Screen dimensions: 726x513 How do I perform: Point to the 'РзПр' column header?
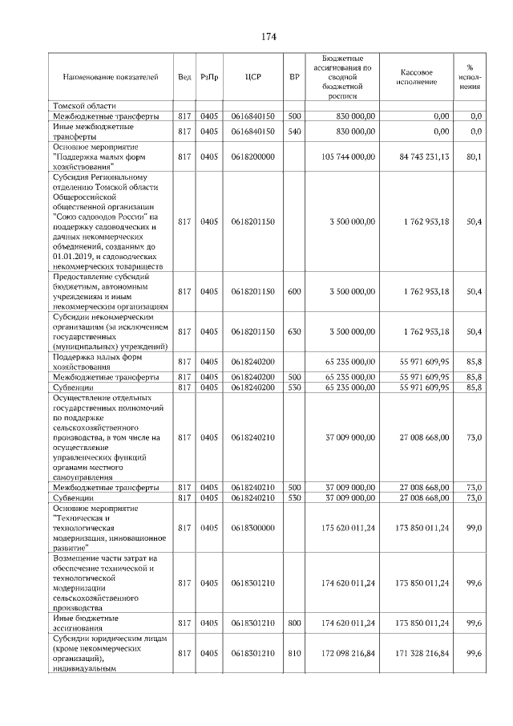209,77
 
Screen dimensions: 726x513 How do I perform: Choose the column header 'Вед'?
184,77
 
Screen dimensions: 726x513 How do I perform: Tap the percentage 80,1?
473,157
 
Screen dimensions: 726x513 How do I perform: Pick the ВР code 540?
294,131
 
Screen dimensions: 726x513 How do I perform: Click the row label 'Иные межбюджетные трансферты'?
93,131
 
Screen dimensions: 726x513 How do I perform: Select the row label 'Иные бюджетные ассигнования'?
86,623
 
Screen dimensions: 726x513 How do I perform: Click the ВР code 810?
294,655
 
